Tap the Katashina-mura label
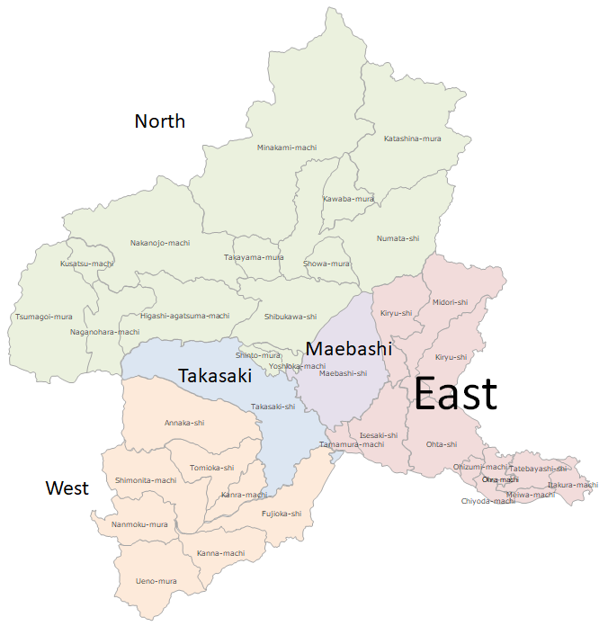tap(413, 139)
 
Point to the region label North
tap(159, 121)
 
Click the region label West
tap(67, 487)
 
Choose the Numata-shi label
tap(398, 238)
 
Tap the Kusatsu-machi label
tap(87, 264)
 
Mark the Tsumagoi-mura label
tap(44, 317)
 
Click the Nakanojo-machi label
tap(160, 243)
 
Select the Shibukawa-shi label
tap(291, 317)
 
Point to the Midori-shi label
tap(450, 302)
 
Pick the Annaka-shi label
tap(184, 423)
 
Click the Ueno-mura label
tap(156, 581)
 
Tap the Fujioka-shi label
tap(281, 514)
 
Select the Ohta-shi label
tap(442, 444)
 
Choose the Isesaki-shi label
tap(379, 435)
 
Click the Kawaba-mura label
tap(348, 199)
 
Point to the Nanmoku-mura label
tap(139, 524)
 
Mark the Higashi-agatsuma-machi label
tap(185, 316)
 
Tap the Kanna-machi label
tap(221, 553)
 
